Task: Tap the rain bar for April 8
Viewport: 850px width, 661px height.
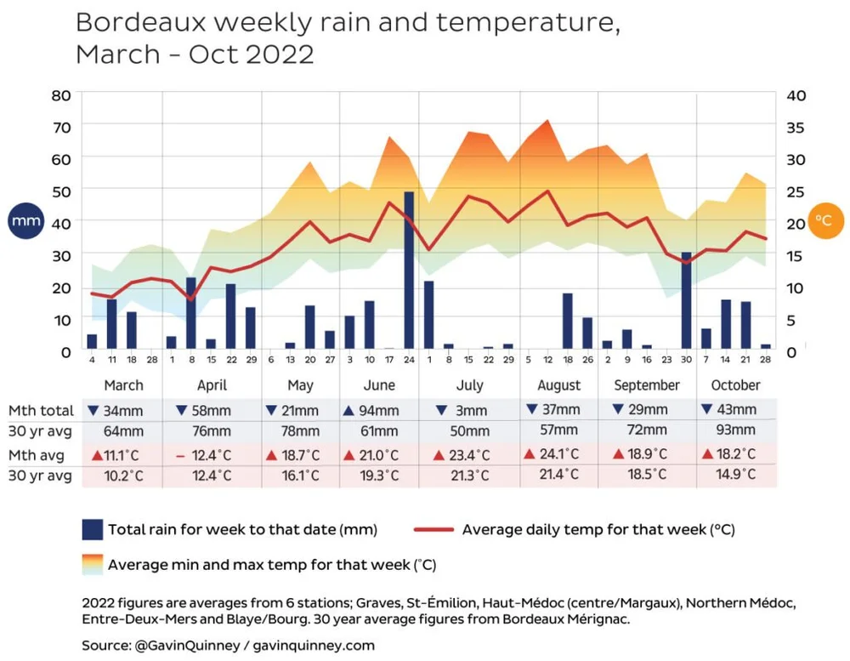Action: click(191, 312)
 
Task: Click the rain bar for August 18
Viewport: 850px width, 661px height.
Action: click(568, 321)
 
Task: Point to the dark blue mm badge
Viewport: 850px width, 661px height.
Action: click(23, 220)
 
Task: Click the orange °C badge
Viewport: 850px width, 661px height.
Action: click(824, 220)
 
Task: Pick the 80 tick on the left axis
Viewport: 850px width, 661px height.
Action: click(61, 94)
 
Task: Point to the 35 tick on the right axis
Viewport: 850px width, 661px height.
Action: click(796, 127)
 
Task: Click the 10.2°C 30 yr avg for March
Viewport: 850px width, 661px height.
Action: click(123, 476)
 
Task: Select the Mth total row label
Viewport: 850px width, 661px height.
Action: click(40, 410)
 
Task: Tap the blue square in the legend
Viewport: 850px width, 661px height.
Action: click(92, 529)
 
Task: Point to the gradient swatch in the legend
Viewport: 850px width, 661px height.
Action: click(92, 564)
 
